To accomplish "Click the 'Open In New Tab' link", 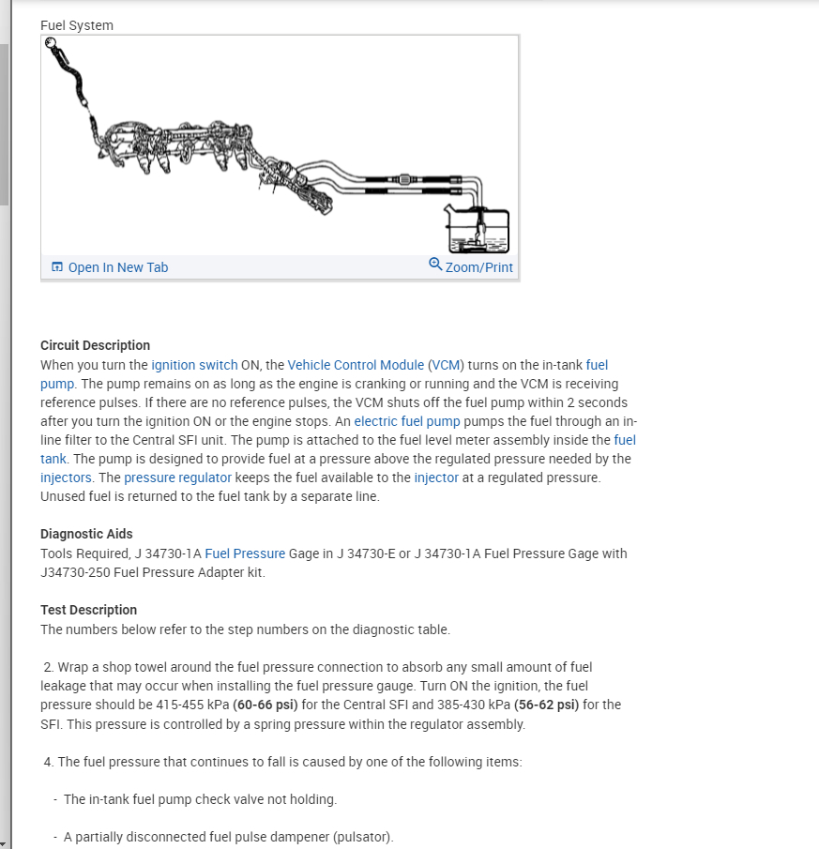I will point(117,267).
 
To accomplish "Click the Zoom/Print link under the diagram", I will point(478,267).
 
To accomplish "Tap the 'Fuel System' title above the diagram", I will point(77,25).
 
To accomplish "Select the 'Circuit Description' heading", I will point(95,345).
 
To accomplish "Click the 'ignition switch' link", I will point(194,365).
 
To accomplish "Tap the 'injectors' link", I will point(66,478).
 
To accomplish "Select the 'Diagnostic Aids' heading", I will point(86,534).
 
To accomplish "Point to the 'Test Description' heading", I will point(88,610).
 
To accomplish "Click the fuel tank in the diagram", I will point(478,231).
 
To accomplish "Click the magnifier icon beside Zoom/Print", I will point(435,265).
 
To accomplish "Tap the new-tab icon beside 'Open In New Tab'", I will point(57,267).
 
